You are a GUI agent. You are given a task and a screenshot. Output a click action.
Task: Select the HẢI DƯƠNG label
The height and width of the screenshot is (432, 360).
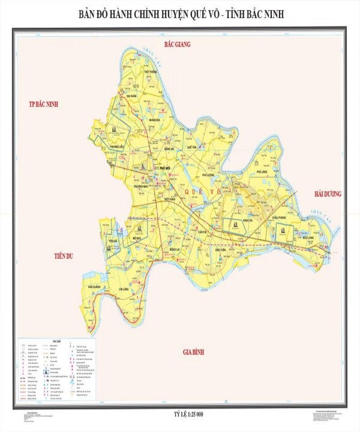[326, 194]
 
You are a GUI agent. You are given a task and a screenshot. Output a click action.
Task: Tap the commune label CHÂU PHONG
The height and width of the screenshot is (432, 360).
[281, 212]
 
